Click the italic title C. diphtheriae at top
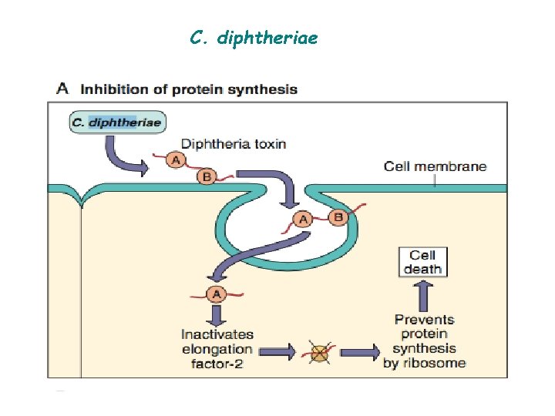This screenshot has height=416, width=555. click(253, 37)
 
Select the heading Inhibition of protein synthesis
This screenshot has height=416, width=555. click(190, 89)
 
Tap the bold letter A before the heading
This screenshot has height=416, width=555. click(63, 89)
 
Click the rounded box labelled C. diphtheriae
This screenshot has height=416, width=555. click(117, 122)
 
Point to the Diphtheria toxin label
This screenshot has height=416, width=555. click(233, 144)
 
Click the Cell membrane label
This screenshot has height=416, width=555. click(436, 166)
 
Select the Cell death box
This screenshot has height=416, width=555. click(423, 262)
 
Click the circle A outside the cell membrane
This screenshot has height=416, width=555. click(176, 159)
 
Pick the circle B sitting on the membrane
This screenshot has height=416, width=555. click(206, 177)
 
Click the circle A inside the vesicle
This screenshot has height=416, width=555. click(304, 220)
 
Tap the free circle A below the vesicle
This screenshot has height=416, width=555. click(217, 294)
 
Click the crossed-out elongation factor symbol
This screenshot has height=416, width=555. click(318, 352)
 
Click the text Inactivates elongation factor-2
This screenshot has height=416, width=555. click(217, 349)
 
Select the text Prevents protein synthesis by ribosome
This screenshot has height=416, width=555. click(424, 341)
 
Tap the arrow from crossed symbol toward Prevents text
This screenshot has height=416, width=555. click(359, 352)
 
